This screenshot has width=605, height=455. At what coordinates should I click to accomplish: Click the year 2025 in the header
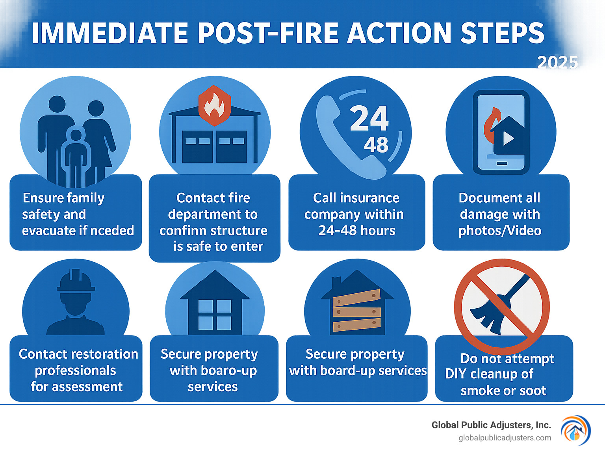pos(557,62)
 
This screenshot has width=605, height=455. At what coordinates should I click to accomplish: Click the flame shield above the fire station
pos(214,105)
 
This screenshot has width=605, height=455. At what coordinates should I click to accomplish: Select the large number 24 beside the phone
pos(369,118)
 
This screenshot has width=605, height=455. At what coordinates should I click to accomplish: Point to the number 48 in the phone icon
pos(376,145)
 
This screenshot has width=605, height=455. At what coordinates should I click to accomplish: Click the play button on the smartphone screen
pos(508,138)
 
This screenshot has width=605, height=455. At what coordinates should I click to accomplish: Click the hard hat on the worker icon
pos(76,281)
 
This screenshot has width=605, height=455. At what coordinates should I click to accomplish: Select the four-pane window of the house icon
pos(215,314)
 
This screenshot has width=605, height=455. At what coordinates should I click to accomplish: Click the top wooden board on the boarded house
pos(356,298)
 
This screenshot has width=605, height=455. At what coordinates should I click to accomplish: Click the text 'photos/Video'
pos(500,231)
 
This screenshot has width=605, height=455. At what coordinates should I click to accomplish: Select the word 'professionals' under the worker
pos(75,371)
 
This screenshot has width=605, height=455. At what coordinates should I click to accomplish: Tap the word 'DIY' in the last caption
pos(456,374)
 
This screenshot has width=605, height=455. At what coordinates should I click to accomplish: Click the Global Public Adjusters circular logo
pos(575,431)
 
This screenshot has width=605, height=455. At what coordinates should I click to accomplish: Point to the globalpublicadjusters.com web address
pos(505,438)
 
